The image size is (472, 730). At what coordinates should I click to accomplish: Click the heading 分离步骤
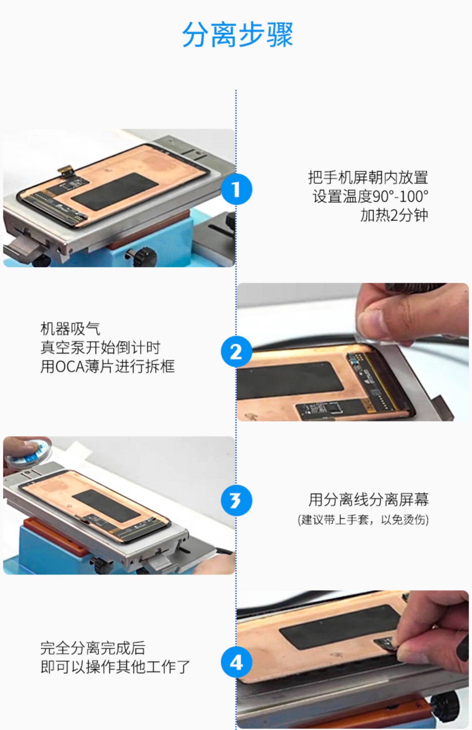pos(238,34)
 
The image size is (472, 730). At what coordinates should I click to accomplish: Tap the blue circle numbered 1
pos(236,189)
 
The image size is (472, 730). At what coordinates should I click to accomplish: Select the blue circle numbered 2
pos(236,352)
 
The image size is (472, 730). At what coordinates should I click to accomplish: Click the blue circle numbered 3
pos(236,500)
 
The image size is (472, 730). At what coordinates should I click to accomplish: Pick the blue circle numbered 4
pos(236,663)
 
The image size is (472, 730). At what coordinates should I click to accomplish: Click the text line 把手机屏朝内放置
pos(368,178)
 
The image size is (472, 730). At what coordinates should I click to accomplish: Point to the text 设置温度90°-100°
pos(370,196)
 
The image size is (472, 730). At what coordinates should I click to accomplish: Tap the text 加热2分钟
pos(394,215)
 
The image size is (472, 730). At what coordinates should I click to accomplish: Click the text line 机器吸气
pos(70,329)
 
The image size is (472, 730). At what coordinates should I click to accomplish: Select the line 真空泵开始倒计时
pos(100,348)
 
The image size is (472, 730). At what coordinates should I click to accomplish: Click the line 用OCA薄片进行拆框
pos(107,367)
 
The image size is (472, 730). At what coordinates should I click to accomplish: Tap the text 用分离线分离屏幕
pos(368,500)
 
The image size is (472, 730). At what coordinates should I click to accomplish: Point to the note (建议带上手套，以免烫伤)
pos(363,520)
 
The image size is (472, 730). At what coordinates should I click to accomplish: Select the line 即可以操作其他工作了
pos(115,667)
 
